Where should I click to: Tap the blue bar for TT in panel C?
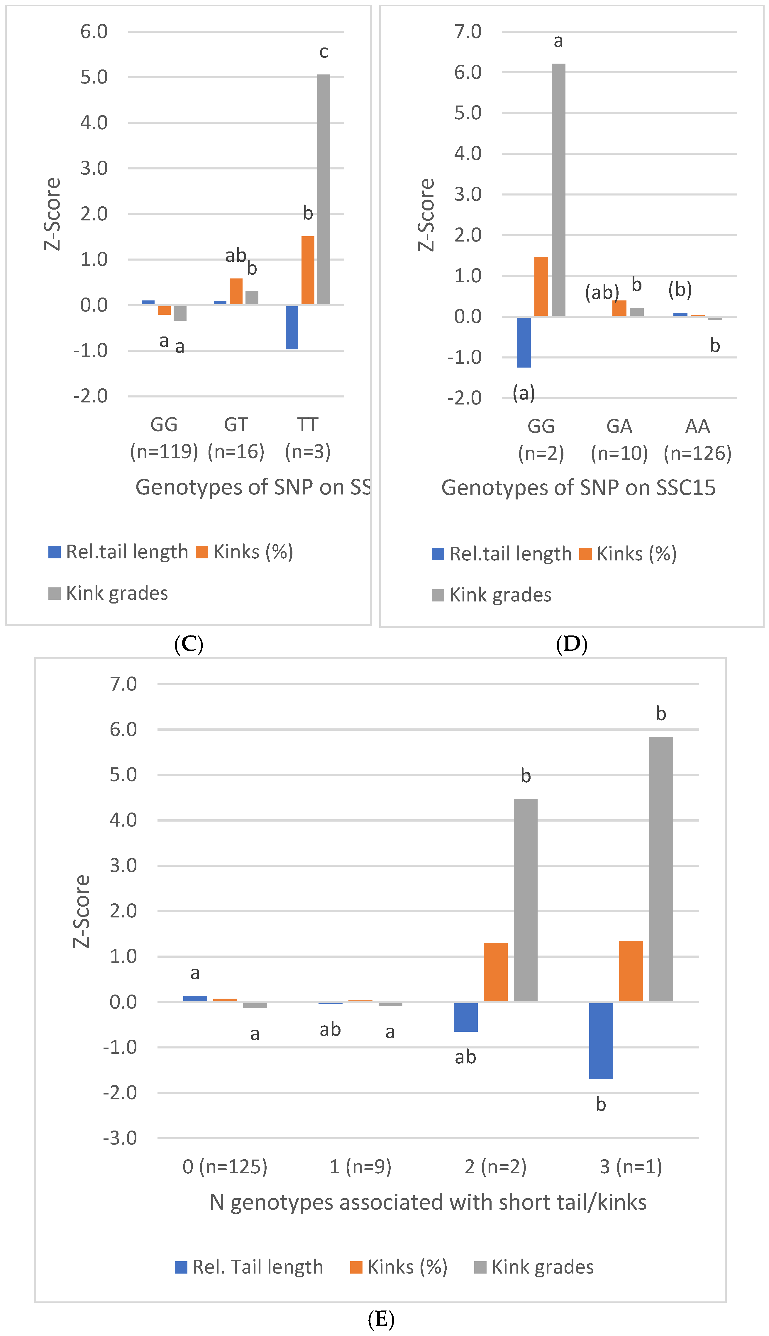[x=292, y=327]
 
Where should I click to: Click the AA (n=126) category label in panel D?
[x=697, y=439]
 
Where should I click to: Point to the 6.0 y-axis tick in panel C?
[x=94, y=32]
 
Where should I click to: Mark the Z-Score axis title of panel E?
[x=82, y=910]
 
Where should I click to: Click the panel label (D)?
[x=571, y=644]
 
